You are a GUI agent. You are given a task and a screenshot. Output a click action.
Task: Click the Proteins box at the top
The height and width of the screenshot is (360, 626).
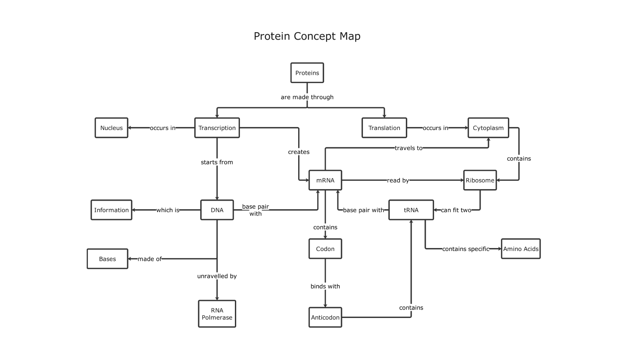(307, 73)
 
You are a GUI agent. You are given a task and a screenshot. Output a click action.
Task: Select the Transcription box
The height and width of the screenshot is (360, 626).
(217, 128)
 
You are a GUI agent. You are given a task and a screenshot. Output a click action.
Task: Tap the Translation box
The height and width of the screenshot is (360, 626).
(384, 128)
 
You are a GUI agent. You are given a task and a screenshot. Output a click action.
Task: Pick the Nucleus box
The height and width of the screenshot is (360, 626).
(111, 128)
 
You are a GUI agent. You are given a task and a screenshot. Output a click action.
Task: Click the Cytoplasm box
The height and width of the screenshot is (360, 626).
(488, 128)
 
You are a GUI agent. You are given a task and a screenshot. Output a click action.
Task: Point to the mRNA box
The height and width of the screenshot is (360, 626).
(325, 180)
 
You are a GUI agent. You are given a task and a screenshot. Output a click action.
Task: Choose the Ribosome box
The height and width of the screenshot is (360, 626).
(480, 180)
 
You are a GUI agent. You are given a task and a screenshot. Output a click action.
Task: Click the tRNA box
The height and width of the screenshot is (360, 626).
(411, 210)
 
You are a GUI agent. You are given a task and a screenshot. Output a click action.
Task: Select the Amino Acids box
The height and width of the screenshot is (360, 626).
(521, 249)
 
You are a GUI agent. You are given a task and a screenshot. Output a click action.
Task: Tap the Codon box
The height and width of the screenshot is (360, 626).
(325, 249)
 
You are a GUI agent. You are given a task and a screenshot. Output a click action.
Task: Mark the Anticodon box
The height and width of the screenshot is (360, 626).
(325, 317)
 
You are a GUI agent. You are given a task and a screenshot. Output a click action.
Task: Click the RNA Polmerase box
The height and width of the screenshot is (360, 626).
(217, 314)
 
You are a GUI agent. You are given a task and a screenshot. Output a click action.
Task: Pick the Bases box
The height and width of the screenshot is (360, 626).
(107, 259)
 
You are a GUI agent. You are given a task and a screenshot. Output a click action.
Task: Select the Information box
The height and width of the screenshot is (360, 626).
(111, 210)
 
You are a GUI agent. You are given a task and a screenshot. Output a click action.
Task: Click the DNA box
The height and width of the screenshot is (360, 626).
(217, 210)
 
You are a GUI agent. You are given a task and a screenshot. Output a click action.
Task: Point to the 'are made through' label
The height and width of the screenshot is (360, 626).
(307, 97)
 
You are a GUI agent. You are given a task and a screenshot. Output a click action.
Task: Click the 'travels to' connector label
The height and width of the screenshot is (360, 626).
(408, 148)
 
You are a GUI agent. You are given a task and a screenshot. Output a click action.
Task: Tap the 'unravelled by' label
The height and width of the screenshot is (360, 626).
(217, 276)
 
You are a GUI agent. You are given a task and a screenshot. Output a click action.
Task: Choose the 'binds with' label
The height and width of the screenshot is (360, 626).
(325, 287)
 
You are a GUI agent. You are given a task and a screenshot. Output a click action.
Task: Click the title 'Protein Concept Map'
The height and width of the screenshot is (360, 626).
(307, 36)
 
